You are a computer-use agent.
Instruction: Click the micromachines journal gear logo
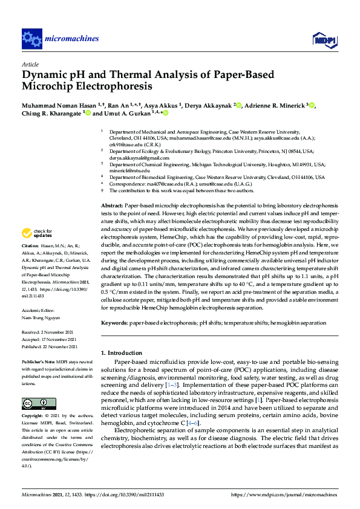[x=31, y=39]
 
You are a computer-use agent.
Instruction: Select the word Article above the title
[x=30, y=64]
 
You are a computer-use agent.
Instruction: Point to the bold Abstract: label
[x=112, y=206]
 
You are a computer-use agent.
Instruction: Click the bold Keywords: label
[x=114, y=324]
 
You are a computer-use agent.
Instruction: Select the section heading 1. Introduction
[x=123, y=352]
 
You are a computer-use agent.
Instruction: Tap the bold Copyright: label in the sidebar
[x=33, y=417]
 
